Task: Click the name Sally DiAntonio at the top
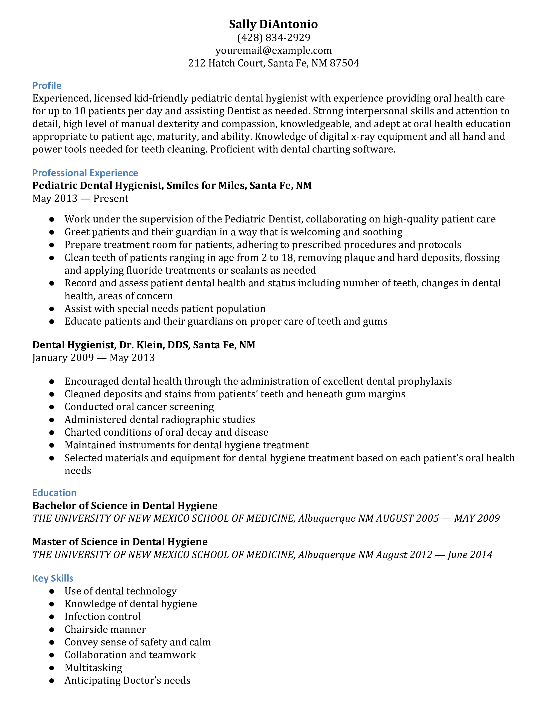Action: pyautogui.click(x=273, y=24)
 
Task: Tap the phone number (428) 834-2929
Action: pyautogui.click(x=274, y=38)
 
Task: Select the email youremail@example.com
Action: pyautogui.click(x=273, y=50)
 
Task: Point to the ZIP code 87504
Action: pyautogui.click(x=344, y=63)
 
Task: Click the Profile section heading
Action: pyautogui.click(x=47, y=85)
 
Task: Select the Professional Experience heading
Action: pyautogui.click(x=85, y=173)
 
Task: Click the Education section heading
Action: pyautogui.click(x=54, y=493)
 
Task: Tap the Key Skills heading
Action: pyautogui.click(x=53, y=578)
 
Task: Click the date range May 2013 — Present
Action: pyautogui.click(x=80, y=198)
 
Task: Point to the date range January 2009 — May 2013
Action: pyautogui.click(x=93, y=358)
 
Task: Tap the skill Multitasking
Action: pyautogui.click(x=93, y=668)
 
